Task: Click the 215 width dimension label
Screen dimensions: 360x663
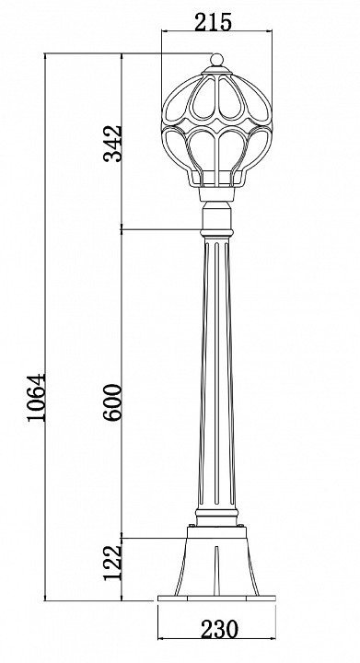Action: [213, 21]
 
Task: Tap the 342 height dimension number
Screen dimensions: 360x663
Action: [113, 144]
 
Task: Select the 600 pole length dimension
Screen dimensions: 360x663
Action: [113, 401]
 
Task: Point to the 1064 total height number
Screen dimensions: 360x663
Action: [36, 397]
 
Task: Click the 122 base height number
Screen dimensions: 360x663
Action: [113, 563]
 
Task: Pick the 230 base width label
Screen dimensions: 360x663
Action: [219, 630]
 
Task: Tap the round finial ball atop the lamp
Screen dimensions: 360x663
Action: [216, 59]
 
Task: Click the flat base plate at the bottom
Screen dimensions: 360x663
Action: [216, 598]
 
